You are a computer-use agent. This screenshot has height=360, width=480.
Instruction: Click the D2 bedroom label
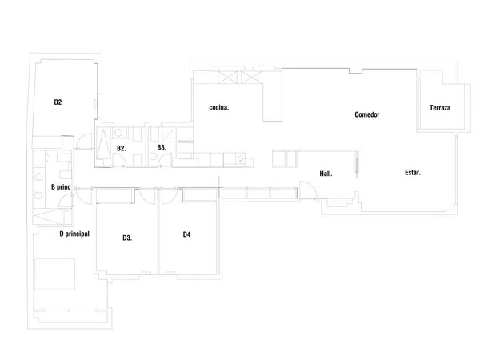(58, 102)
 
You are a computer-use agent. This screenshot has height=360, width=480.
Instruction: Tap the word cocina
(219, 107)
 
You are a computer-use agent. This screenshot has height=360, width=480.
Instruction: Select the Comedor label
(367, 114)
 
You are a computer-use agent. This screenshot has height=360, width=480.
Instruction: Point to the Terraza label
(440, 108)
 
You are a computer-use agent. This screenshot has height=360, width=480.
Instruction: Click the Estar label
(413, 172)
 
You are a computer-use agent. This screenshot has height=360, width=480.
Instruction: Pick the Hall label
(326, 174)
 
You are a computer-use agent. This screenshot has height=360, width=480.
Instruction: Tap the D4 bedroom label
(186, 234)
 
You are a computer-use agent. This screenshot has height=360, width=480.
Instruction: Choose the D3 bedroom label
(127, 238)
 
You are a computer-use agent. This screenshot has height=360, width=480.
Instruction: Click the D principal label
(74, 234)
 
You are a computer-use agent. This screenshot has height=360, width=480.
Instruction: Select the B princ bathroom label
(61, 187)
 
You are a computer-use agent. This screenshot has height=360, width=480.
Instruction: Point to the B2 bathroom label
(122, 149)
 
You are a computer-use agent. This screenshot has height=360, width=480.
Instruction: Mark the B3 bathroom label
(162, 147)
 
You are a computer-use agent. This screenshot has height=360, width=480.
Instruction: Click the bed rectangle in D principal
(54, 274)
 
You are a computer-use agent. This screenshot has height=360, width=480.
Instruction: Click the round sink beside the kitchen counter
(241, 158)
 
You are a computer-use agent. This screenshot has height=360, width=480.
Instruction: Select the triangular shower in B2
(103, 144)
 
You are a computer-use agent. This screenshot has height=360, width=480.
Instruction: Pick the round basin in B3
(154, 157)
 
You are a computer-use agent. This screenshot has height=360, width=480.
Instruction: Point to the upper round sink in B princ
(38, 177)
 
